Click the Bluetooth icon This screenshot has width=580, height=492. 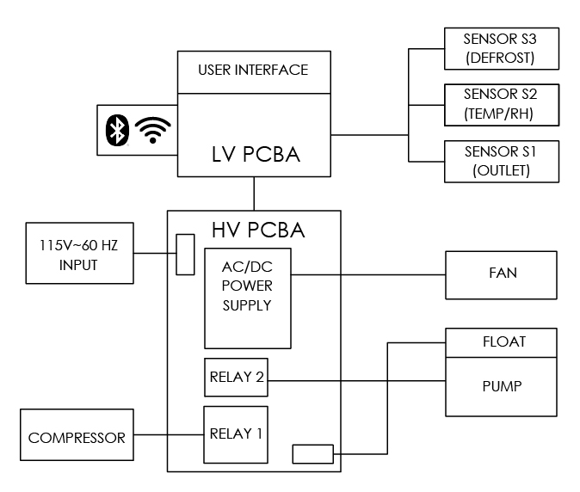click(116, 129)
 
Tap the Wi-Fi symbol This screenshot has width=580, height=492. click(153, 129)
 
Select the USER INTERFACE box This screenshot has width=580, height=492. click(253, 71)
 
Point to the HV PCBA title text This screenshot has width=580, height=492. click(258, 231)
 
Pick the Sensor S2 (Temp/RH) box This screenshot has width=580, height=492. click(500, 104)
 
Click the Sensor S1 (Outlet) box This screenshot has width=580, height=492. click(500, 160)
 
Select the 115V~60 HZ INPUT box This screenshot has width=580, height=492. click(79, 254)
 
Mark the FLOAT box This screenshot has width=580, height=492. click(503, 342)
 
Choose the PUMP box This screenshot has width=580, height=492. click(503, 386)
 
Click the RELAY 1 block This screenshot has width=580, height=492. click(236, 434)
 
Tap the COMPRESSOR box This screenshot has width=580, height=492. click(77, 437)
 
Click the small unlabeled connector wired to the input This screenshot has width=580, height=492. click(185, 254)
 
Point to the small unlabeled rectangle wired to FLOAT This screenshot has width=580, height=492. click(312, 453)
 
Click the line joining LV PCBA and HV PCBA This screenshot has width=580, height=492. click(254, 194)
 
